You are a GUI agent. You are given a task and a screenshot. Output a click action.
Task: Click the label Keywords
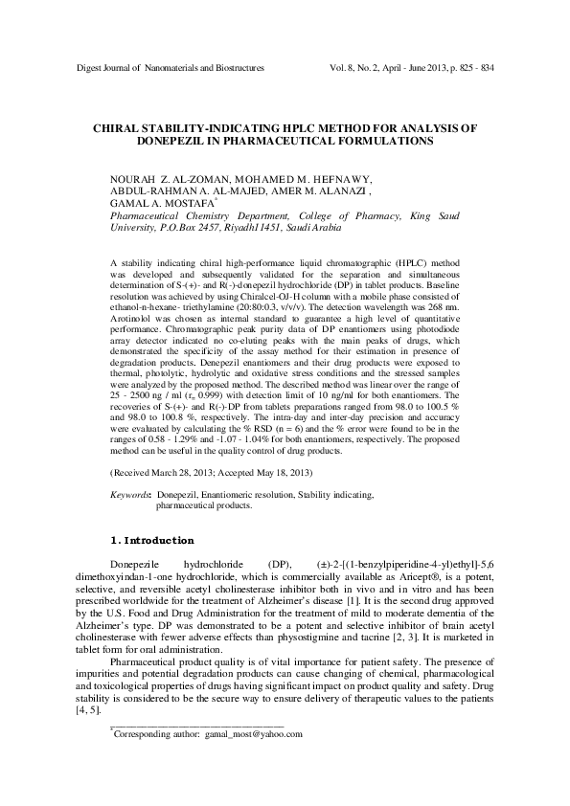131,494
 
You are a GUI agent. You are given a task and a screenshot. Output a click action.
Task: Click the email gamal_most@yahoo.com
254,761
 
